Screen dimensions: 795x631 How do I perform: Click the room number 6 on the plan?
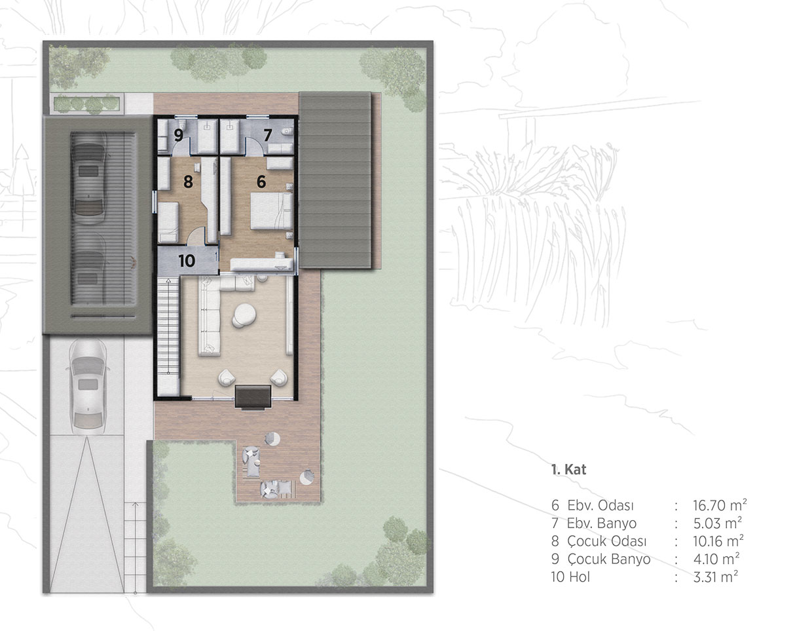click(261, 182)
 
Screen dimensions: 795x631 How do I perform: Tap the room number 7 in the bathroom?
click(268, 135)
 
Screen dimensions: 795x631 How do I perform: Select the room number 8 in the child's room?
click(188, 182)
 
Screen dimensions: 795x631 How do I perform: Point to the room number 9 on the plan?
click(178, 135)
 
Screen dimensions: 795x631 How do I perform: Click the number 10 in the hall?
click(187, 261)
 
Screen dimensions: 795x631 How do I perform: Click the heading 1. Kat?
click(568, 470)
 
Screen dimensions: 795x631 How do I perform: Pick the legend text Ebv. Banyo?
click(602, 523)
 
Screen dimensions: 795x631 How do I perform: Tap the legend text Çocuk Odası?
click(607, 541)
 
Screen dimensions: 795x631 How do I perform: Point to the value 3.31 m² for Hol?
click(716, 577)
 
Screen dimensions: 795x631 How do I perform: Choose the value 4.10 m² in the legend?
click(716, 559)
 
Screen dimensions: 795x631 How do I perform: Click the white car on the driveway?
click(88, 387)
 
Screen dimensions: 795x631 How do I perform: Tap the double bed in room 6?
click(272, 211)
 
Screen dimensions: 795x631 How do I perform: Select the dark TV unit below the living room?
click(253, 396)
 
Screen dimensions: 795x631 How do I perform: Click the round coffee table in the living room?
click(244, 315)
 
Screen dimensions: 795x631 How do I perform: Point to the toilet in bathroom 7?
click(287, 131)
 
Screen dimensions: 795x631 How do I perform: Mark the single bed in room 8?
click(168, 222)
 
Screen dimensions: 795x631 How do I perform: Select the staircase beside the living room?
click(168, 336)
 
